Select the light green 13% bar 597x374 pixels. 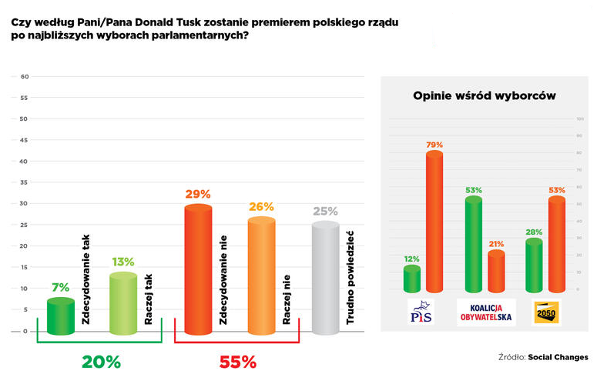124,304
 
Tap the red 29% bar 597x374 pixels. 198,269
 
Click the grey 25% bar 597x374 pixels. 325,278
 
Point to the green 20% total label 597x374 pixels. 101,362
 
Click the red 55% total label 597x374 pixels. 237,362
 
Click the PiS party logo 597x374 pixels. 422,312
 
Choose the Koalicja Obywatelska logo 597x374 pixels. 486,312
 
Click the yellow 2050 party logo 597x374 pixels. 545,312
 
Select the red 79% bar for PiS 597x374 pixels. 434,222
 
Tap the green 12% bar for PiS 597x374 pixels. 412,279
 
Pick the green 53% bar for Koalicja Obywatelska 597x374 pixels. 473,244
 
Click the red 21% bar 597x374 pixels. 496,271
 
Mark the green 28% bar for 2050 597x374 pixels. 534,265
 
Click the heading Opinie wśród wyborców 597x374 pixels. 485,95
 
